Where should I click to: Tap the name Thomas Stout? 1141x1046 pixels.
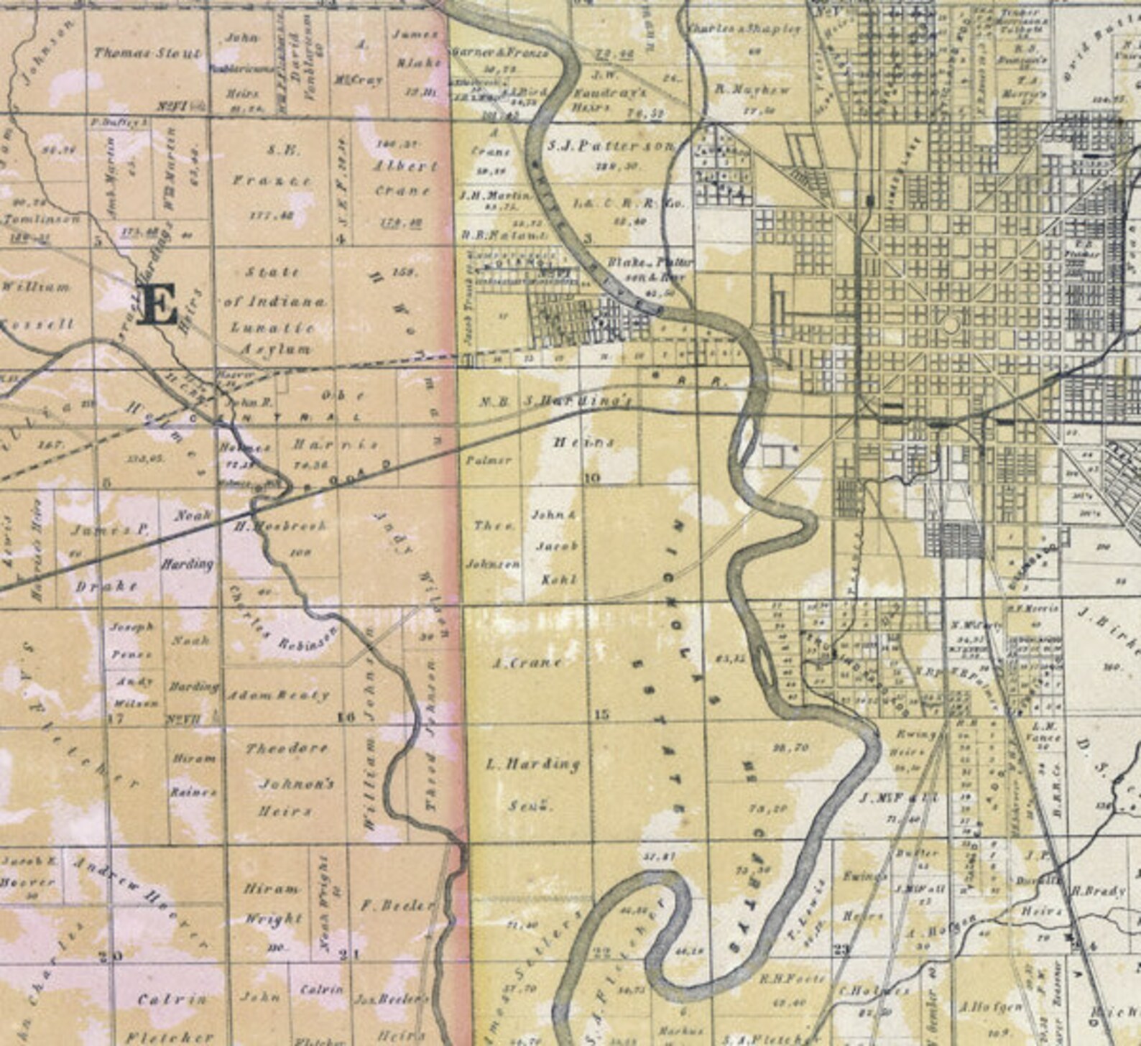pyautogui.click(x=147, y=52)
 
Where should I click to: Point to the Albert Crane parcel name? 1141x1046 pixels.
pyautogui.click(x=405, y=178)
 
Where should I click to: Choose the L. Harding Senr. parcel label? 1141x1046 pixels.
pyautogui.click(x=532, y=783)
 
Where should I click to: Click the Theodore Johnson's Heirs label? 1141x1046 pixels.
pyautogui.click(x=287, y=780)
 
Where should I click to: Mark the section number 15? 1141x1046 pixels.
pyautogui.click(x=602, y=714)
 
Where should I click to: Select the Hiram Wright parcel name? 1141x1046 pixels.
pyautogui.click(x=272, y=903)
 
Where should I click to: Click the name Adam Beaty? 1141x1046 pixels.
pyautogui.click(x=278, y=695)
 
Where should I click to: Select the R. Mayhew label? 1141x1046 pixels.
pyautogui.click(x=752, y=90)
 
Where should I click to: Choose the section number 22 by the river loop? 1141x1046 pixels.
pyautogui.click(x=601, y=953)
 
